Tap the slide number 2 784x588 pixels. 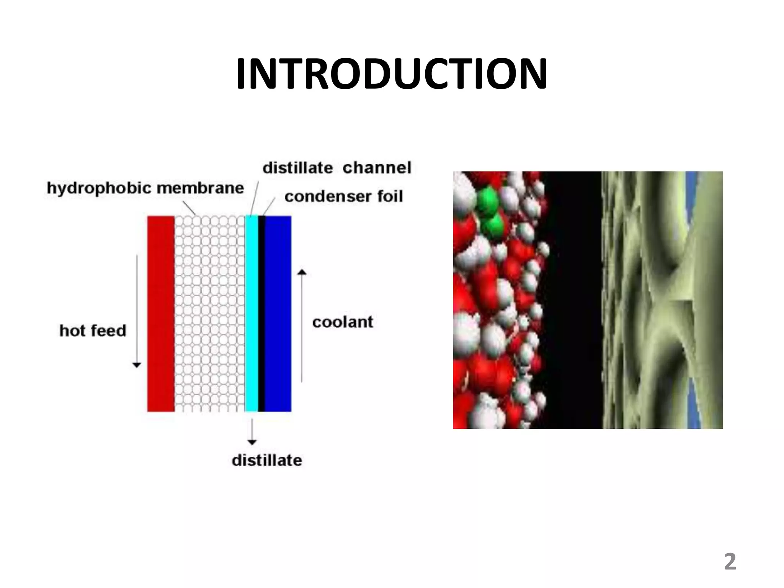pos(730,562)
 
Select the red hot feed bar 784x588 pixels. pos(161,314)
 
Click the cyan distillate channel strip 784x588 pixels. pos(251,314)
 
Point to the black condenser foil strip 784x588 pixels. pos(261,314)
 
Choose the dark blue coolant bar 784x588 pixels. pos(278,314)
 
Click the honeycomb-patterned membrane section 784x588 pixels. pos(209,314)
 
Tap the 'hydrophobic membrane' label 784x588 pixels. pos(145,188)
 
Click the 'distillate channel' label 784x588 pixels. pos(336,168)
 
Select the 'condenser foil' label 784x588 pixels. pos(343,196)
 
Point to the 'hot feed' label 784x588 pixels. pos(93,330)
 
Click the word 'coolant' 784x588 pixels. pos(342,322)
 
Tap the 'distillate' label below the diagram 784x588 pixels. pos(267,460)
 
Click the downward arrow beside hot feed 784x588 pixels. pos(137,310)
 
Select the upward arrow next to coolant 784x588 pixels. pos(302,325)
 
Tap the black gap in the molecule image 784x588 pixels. pos(572,299)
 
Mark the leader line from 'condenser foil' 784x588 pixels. pos(269,207)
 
